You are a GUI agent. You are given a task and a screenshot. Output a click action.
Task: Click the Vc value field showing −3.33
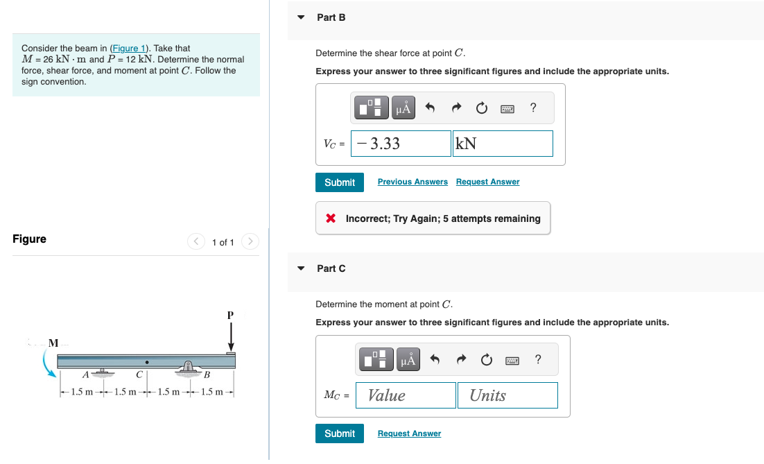401,144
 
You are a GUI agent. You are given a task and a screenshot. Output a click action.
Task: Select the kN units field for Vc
503,144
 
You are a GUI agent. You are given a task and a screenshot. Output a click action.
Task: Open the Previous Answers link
413,182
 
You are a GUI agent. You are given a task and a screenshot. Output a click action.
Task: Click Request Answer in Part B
487,182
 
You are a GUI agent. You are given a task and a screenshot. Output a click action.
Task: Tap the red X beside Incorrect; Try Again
331,218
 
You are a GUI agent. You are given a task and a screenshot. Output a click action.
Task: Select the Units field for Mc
507,395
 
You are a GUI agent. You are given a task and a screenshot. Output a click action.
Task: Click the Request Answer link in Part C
409,433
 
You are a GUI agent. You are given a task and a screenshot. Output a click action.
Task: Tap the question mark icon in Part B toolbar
532,108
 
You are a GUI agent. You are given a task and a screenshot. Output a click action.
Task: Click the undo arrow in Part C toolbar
435,359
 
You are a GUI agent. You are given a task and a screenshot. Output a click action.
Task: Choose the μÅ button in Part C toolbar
408,359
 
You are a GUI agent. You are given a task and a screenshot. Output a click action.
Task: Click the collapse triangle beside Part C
300,268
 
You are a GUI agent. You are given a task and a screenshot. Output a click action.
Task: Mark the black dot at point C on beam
146,361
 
